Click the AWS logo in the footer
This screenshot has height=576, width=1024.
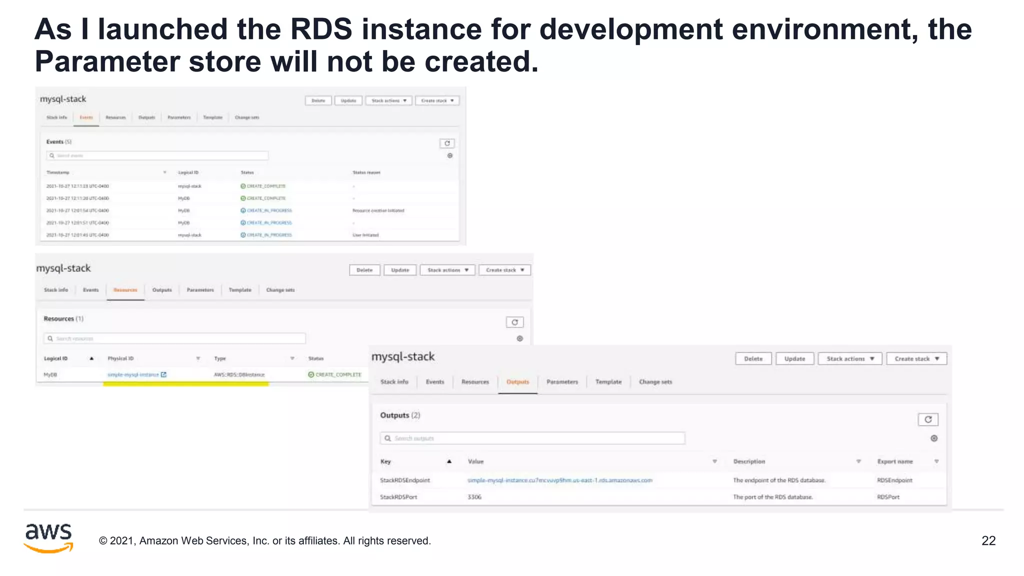point(48,538)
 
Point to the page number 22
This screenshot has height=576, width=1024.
point(988,540)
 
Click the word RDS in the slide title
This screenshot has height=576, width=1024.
point(321,29)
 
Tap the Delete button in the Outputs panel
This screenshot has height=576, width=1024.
point(753,358)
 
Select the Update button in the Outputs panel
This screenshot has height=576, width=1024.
point(794,358)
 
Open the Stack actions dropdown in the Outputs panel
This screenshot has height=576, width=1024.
point(849,358)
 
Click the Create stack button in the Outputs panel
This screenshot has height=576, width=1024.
point(916,358)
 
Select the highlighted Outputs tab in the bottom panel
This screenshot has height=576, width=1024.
point(517,382)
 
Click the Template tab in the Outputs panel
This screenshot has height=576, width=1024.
point(608,382)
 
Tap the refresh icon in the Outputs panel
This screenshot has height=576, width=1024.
point(927,419)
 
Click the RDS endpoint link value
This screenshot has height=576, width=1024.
point(559,480)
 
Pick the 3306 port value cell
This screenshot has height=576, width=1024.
point(474,497)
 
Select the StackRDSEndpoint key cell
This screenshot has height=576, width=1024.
point(405,480)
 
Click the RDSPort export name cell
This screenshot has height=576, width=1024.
point(888,497)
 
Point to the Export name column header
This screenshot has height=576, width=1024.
point(895,461)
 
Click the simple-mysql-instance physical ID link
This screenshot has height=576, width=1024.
point(133,374)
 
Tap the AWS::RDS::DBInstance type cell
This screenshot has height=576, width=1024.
point(239,374)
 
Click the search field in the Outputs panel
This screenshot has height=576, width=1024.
point(532,438)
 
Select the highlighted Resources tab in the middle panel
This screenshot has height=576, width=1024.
point(125,290)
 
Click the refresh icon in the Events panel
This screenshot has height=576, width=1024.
point(447,143)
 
